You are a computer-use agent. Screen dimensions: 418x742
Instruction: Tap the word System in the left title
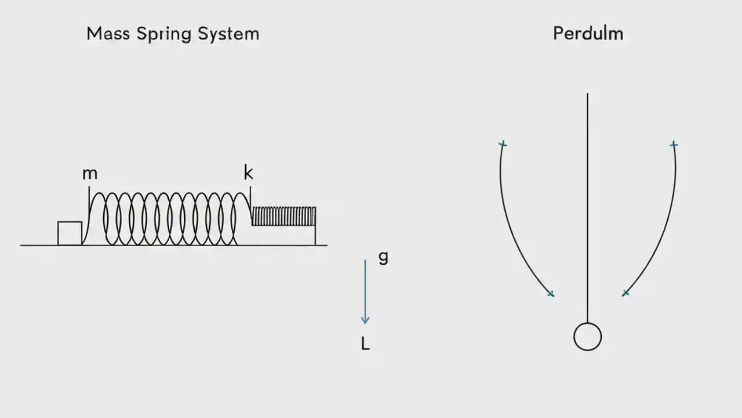228,34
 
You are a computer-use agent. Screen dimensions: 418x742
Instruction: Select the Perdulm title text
588,34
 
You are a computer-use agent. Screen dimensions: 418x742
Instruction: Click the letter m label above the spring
90,174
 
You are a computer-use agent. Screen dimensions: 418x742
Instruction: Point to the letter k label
248,172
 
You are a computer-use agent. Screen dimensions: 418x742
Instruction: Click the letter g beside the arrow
383,257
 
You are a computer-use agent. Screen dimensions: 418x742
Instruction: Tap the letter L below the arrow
365,344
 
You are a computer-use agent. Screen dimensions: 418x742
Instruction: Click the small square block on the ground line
70,233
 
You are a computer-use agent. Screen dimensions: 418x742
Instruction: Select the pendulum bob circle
587,337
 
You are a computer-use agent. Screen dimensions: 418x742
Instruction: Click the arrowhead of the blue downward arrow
365,319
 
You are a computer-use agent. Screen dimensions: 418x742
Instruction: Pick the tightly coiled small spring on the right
283,216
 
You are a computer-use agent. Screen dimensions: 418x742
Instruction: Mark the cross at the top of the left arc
503,143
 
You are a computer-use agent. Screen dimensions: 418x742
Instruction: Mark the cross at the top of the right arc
674,144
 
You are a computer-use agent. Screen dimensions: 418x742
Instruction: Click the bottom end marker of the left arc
551,294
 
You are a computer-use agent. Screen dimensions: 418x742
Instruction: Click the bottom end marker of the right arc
625,293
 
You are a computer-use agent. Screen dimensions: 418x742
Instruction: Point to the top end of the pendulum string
587,95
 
